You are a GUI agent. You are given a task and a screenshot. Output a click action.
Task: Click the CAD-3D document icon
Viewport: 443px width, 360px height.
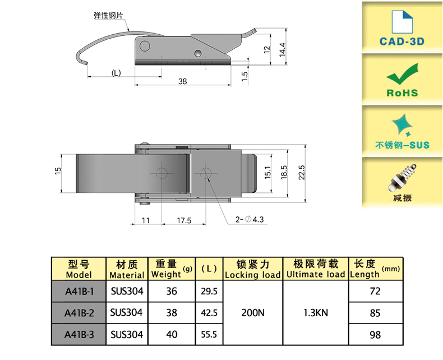coord(402,22)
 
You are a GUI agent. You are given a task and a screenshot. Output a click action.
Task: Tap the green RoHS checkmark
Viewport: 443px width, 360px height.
coord(402,73)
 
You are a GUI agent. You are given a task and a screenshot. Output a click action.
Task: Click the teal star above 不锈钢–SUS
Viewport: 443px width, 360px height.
coord(402,125)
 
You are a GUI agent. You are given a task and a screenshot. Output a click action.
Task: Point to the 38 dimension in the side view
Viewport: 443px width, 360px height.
coord(182,81)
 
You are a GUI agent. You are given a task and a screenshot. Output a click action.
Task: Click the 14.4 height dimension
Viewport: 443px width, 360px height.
coord(282,49)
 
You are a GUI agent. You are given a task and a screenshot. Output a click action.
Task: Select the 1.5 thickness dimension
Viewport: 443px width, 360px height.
coord(244,76)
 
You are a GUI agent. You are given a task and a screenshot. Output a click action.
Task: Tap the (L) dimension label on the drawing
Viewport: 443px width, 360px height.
coord(116,73)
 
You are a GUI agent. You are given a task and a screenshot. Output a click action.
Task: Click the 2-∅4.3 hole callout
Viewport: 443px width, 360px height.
coord(250,219)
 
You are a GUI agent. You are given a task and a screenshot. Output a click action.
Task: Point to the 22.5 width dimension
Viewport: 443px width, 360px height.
coord(302,172)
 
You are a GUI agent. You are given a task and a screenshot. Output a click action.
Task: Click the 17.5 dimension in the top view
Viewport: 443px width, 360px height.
coord(184,220)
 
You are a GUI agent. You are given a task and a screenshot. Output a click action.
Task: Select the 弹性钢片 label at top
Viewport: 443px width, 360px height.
coord(108,15)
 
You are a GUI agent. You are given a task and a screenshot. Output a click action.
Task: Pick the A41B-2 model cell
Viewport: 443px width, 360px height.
coord(79,313)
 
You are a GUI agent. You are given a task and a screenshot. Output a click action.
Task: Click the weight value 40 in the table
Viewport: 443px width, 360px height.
coord(172,334)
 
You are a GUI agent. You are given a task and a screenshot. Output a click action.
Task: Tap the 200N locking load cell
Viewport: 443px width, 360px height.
coord(253,312)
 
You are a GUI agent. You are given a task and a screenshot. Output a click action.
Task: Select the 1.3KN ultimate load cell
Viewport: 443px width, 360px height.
coord(316,312)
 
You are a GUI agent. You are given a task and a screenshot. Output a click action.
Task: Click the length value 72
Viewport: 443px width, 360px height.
coord(375,291)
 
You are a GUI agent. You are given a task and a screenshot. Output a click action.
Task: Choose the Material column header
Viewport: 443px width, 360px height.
coord(127,269)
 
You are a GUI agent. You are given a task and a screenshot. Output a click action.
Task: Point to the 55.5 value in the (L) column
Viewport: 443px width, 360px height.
coord(209,335)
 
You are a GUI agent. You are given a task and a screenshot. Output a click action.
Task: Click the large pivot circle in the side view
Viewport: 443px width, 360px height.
coord(145,46)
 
